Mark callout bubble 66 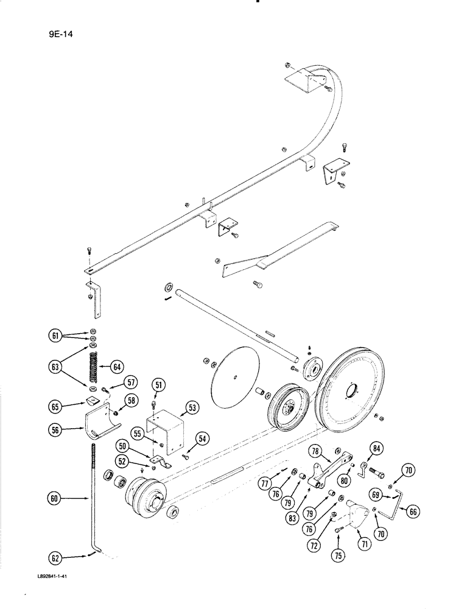point(413,512)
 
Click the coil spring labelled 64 point(94,367)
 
